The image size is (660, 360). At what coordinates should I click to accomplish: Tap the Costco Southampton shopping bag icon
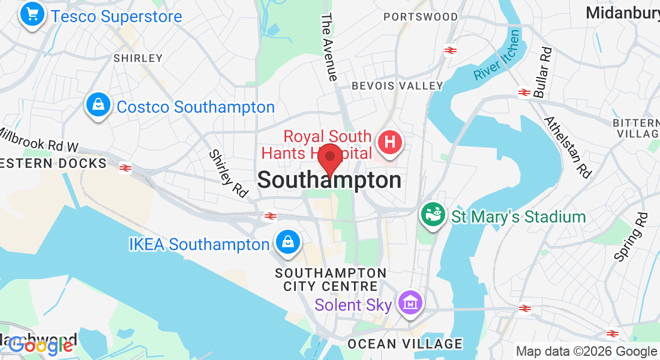click(97, 106)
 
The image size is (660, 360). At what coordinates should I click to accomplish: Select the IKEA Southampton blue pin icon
click(288, 242)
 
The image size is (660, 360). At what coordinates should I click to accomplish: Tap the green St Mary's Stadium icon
click(433, 215)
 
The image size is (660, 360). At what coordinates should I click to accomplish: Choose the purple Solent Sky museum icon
click(411, 303)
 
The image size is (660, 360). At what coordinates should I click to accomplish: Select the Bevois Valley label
click(397, 86)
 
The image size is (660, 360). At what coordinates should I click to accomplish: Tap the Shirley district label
click(138, 58)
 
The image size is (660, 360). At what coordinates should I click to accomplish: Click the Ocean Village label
click(405, 344)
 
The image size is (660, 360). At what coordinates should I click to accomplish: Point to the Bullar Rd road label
click(542, 73)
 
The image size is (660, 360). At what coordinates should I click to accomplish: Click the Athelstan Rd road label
click(568, 147)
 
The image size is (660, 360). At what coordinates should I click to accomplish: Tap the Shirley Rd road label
click(229, 173)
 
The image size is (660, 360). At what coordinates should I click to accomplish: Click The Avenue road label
click(329, 47)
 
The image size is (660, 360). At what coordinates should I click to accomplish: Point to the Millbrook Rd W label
click(39, 140)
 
